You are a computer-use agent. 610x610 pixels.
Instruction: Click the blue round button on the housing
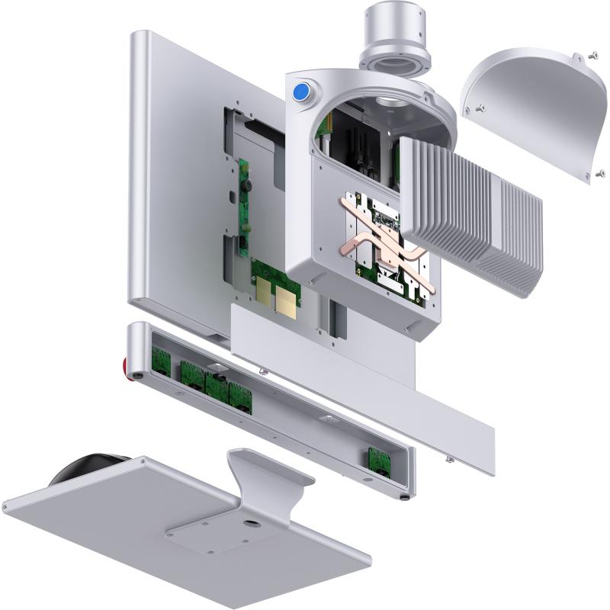[301, 94]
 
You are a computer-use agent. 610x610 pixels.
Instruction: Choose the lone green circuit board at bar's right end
[379, 460]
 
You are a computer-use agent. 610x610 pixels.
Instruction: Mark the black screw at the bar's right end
[403, 497]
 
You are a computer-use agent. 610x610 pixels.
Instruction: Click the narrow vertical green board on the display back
[246, 206]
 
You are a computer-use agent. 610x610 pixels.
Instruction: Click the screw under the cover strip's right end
[447, 459]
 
